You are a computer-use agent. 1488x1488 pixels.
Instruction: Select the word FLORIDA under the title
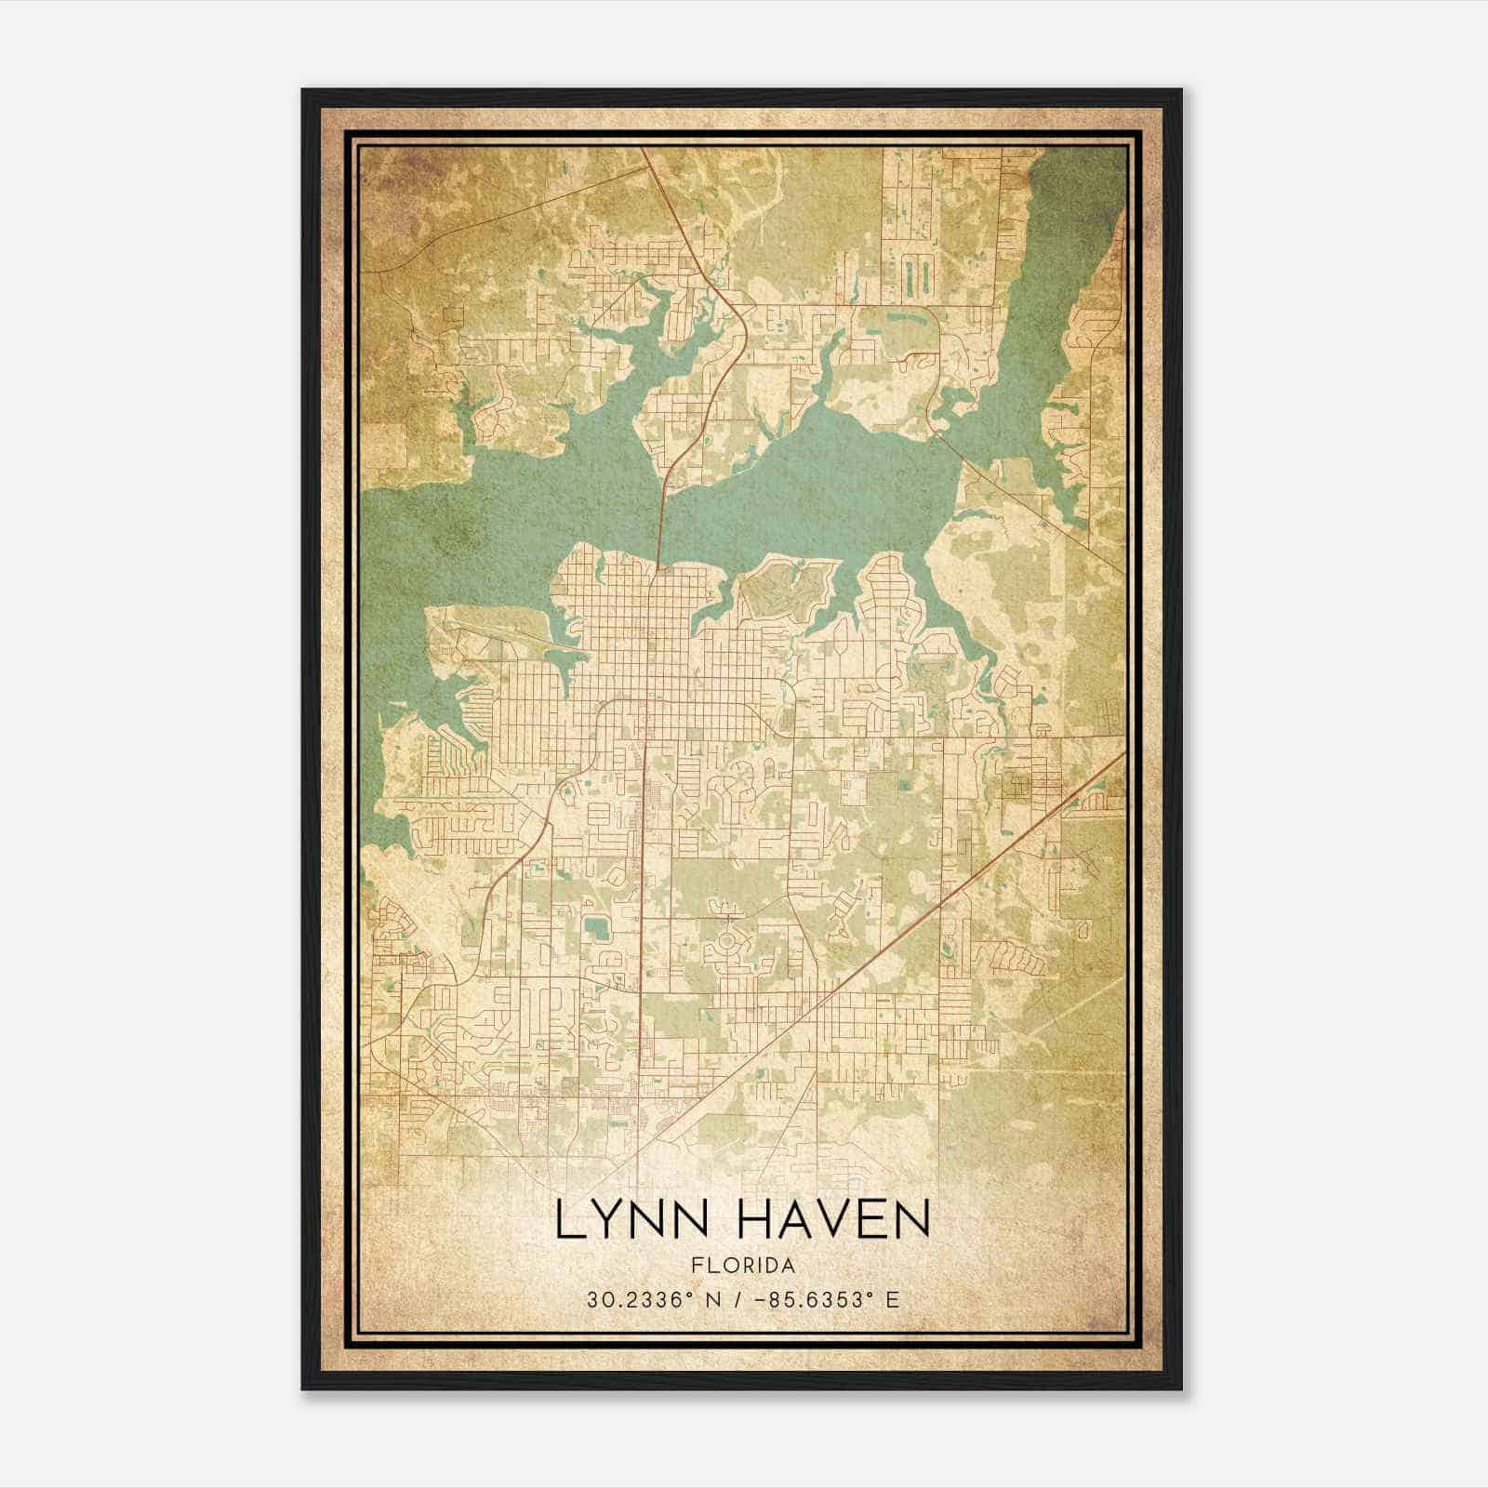click(x=742, y=1266)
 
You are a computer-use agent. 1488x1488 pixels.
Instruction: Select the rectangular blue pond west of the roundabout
click(x=593, y=927)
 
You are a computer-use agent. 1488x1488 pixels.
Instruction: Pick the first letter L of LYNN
click(x=568, y=1221)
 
